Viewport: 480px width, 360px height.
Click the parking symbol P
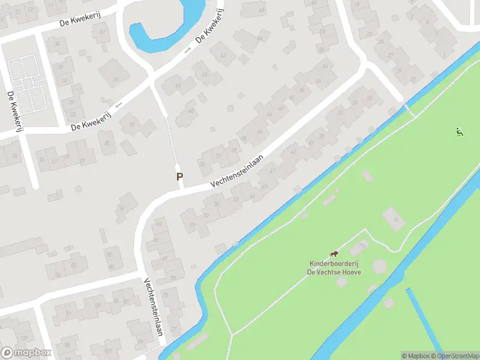tap(179, 176)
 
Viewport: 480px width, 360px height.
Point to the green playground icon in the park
tap(460, 132)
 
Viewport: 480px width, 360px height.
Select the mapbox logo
tap(26, 353)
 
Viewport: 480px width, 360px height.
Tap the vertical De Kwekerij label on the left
tap(11, 112)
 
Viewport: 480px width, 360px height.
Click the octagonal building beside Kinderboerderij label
tap(380, 265)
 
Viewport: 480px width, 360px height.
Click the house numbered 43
tap(224, 55)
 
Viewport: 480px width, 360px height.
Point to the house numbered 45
tap(262, 10)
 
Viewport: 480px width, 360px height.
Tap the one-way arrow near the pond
tap(188, 50)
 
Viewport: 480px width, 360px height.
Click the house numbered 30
tap(71, 102)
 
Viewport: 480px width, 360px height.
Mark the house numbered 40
tap(191, 110)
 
